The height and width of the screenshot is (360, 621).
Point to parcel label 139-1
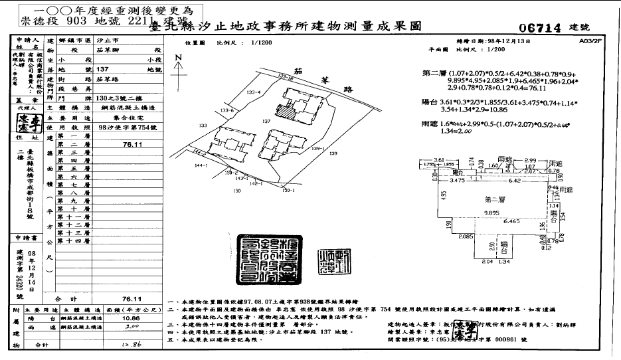point(316,149)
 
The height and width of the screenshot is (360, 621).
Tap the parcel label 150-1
point(287,192)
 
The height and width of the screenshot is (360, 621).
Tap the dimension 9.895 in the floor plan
point(492,213)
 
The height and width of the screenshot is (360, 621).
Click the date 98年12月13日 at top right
point(499,41)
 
